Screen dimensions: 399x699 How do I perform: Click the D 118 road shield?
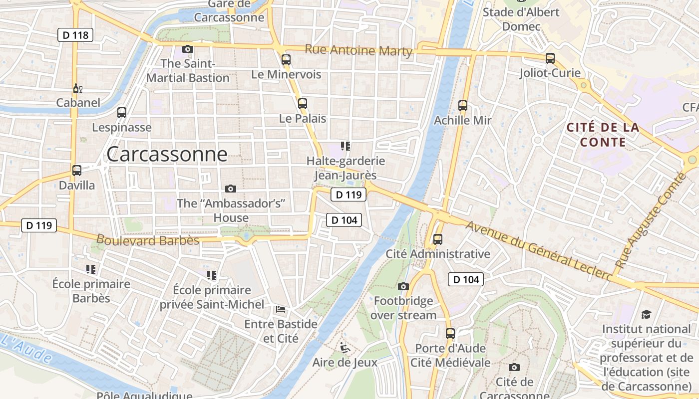tap(75, 35)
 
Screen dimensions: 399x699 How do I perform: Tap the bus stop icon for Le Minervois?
tap(286, 59)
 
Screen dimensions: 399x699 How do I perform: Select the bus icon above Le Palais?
tap(303, 104)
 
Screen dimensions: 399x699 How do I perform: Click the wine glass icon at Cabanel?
tap(77, 89)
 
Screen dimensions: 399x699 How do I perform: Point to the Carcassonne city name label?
tap(167, 154)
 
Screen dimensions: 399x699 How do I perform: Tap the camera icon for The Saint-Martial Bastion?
tap(188, 49)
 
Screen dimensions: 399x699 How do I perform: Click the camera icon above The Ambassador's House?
tap(230, 189)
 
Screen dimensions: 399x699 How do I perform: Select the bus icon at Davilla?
tap(77, 171)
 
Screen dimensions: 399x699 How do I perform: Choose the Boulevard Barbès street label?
tap(148, 240)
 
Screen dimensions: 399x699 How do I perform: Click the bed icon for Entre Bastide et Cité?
tap(281, 309)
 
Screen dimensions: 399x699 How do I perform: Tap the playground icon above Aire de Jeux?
tap(345, 347)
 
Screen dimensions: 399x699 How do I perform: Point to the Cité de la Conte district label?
tap(603, 135)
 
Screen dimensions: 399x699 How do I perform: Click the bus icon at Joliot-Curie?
tap(550, 58)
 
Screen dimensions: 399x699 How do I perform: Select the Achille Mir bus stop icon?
tap(463, 106)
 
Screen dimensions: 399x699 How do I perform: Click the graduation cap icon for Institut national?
tap(647, 314)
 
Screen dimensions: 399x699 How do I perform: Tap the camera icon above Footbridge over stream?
tap(403, 286)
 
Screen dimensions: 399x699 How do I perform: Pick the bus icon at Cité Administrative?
tap(438, 239)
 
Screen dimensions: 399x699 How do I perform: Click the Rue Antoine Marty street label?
tap(358, 50)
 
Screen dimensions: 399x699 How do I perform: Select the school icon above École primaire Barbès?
tap(91, 269)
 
